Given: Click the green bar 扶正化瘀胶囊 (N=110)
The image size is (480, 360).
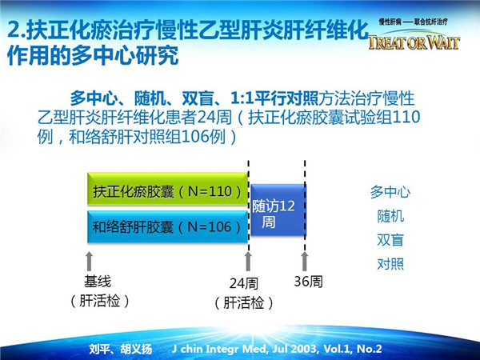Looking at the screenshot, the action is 167,189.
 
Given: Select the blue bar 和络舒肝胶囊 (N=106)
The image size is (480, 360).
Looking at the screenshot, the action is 167,227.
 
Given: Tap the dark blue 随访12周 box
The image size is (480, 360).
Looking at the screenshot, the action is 278,210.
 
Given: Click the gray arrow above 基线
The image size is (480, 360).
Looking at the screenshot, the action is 89,261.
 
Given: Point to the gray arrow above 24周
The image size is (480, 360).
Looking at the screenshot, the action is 248,261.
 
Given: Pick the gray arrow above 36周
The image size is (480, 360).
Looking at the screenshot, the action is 304,261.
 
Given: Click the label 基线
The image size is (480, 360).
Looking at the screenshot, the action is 98,282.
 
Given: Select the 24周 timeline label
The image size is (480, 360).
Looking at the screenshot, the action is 244,283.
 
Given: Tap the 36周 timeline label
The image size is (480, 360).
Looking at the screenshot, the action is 308,282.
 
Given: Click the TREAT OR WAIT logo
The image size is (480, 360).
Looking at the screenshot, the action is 414,42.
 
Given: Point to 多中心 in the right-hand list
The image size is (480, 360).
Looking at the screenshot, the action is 390,192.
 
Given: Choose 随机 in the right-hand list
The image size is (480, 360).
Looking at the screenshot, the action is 390,216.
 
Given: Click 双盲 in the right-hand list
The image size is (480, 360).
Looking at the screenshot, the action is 390,240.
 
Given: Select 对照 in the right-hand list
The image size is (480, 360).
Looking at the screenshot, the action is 390,264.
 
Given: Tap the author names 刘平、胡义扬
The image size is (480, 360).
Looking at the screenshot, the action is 121,349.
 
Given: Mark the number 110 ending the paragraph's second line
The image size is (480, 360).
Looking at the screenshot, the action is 406,117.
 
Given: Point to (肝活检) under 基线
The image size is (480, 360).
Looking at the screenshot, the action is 99,302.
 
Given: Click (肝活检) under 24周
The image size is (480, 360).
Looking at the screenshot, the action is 244,303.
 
